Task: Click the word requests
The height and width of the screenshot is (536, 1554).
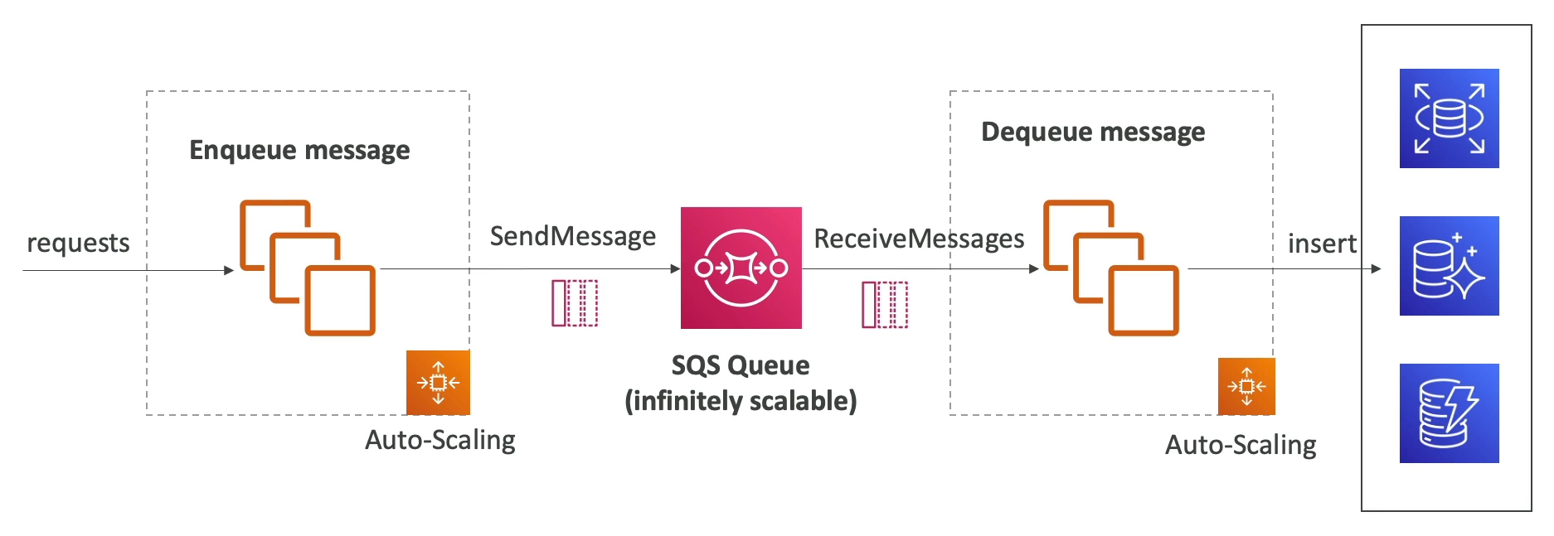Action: [78, 244]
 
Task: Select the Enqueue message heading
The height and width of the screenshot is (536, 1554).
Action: [299, 150]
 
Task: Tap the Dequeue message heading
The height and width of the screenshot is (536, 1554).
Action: [1093, 132]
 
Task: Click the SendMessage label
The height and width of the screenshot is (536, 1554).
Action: [572, 237]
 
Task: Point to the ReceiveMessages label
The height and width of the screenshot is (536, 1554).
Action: [919, 239]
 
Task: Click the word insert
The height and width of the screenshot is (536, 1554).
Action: [1322, 244]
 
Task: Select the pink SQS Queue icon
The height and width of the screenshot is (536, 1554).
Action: [741, 268]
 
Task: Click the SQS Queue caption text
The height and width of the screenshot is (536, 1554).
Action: [741, 365]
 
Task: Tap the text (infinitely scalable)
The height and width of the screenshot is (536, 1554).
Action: [741, 401]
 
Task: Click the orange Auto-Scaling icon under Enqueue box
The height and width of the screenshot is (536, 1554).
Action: [438, 382]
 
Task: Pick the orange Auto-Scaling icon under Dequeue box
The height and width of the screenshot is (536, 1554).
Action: [1246, 386]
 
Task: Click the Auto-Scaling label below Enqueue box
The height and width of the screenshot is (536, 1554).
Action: [439, 440]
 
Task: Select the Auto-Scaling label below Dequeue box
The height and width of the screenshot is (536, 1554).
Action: [1241, 446]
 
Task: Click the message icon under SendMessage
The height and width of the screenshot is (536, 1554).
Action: [575, 303]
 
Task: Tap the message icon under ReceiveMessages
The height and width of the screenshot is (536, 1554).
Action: [885, 305]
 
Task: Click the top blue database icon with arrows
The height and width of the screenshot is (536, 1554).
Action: [1449, 118]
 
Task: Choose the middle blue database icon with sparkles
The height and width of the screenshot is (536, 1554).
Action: [1449, 266]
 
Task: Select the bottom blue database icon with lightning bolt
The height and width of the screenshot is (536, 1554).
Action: [1449, 413]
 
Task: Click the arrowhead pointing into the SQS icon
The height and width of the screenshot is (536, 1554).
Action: [675, 268]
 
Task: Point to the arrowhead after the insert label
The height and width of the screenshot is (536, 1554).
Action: [1377, 268]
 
